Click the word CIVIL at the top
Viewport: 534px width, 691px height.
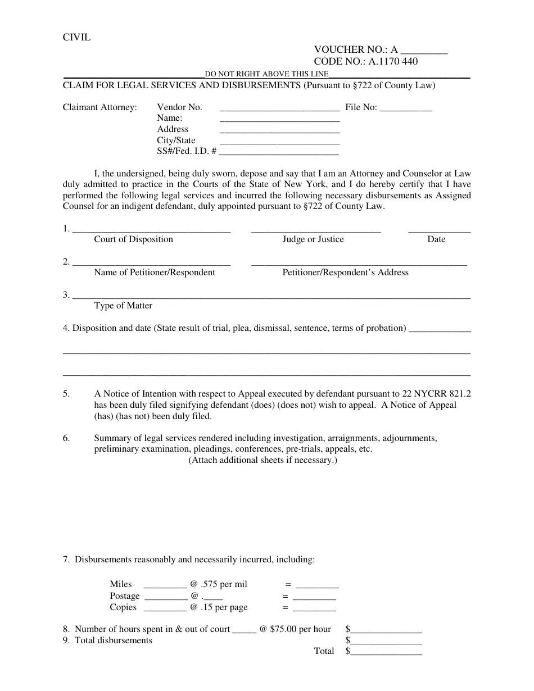(76, 38)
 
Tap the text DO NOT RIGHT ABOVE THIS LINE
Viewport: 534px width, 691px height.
(266, 74)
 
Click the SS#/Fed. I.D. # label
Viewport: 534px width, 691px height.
(187, 151)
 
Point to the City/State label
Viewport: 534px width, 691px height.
(176, 140)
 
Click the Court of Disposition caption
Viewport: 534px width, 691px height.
(133, 239)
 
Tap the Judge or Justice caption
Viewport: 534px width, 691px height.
(313, 239)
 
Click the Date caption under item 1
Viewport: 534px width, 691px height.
(436, 239)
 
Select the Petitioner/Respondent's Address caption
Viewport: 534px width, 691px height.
(345, 272)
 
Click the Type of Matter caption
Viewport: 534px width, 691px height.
(123, 306)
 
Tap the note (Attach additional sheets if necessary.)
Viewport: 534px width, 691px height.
(263, 460)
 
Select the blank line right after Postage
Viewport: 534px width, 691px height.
(166, 597)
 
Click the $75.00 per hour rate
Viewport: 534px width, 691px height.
(300, 629)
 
